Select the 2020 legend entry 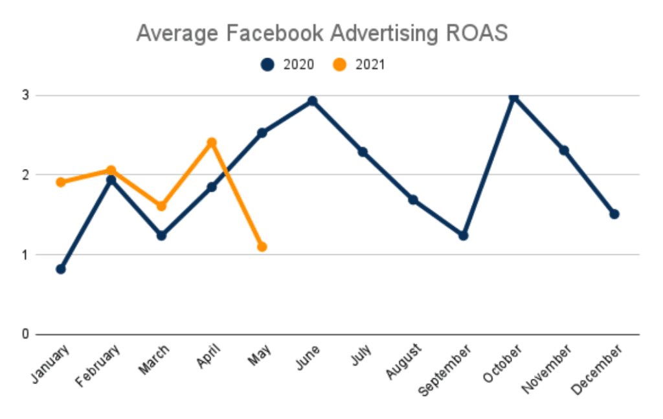point(287,64)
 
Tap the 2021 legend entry point(359,64)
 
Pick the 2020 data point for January point(61,269)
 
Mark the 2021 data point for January point(61,182)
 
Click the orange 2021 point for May point(262,247)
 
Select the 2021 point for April point(211,142)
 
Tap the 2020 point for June point(312,101)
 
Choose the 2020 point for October point(513,97)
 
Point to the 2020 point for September point(463,235)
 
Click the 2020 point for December point(614,214)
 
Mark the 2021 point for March point(161,206)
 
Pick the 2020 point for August point(412,199)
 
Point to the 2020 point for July point(363,152)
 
